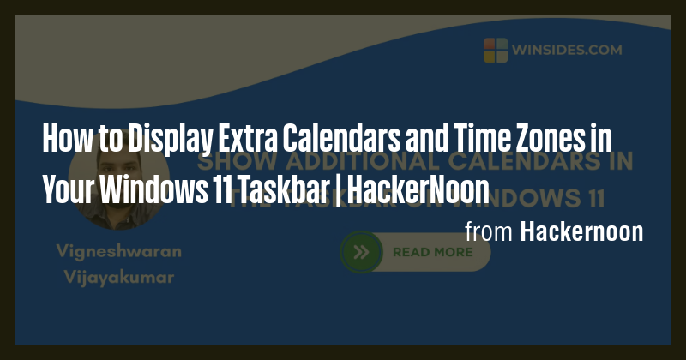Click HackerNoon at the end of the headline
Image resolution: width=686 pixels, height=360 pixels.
[418, 189]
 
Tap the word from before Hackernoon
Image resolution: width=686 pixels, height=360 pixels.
[489, 231]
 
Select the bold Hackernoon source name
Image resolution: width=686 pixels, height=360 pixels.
[581, 231]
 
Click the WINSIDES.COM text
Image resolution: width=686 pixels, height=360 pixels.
[563, 49]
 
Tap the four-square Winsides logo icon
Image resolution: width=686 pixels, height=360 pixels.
[496, 49]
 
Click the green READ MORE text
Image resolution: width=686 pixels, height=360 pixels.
[432, 252]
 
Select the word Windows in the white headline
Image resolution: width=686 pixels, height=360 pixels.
[144, 189]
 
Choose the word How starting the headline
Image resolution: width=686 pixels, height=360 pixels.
[59, 138]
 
